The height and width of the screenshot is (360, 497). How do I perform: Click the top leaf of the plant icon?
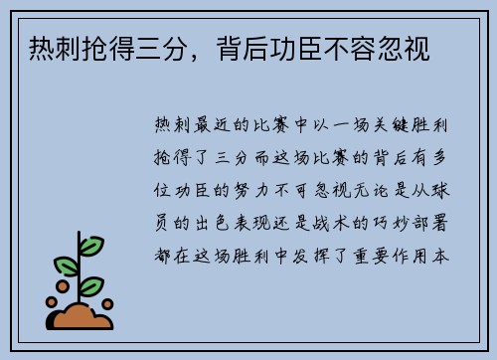tap(90, 245)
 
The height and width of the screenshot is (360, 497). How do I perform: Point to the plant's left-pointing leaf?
tap(67, 267)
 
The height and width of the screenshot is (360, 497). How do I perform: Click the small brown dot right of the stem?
tap(107, 303)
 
